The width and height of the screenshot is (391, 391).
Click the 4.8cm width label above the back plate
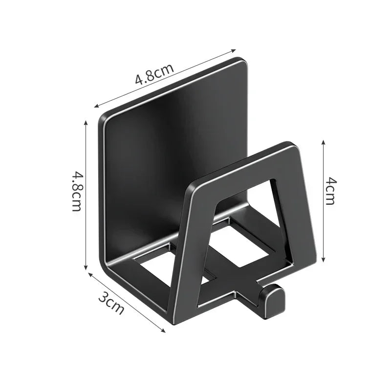coord(154,73)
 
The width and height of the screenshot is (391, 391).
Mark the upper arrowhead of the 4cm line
coord(323,141)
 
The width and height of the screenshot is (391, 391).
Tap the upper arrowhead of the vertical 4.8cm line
coord(86,122)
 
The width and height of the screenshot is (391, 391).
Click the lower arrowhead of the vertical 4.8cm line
coord(86,268)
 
